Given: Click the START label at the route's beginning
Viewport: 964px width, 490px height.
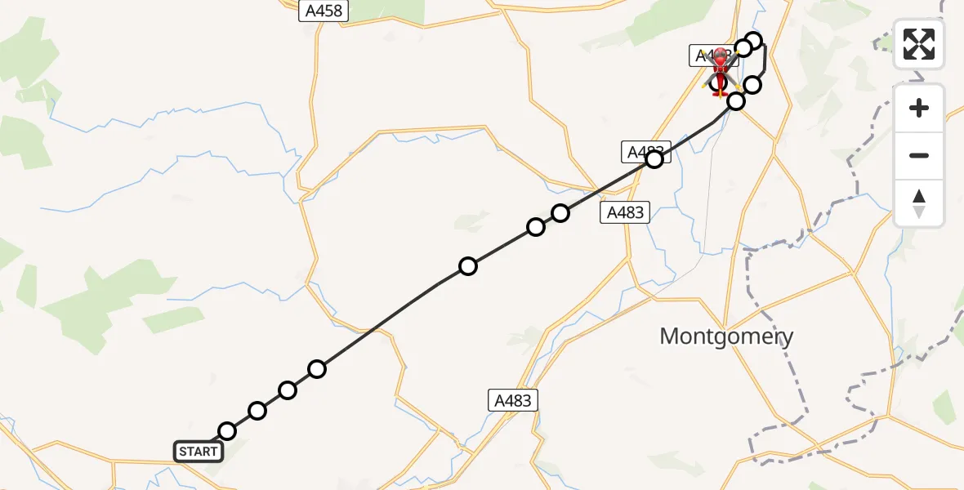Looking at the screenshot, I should pos(198,452).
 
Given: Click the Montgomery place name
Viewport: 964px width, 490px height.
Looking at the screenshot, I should pos(726,336).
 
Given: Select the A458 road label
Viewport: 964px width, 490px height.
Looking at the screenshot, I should pos(324,11).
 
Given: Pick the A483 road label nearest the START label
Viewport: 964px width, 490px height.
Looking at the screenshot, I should pos(513,400).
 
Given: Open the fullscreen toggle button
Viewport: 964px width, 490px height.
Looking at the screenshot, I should pos(919,44).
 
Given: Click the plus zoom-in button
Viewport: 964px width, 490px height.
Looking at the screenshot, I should pos(919,108).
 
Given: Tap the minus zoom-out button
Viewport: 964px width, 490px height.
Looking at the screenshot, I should pos(919,155).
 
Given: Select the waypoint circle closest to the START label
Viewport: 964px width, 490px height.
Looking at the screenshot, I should pos(227,431).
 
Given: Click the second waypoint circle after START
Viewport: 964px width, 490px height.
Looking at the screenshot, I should pos(257,411).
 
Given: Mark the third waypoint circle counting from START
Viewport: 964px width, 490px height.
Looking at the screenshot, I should pos(288,390).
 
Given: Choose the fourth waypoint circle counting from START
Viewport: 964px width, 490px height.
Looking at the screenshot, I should pos(317,369).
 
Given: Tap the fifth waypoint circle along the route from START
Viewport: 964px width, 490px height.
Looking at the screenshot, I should pos(468,266).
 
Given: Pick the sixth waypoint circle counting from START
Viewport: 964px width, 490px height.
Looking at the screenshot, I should pos(536,227).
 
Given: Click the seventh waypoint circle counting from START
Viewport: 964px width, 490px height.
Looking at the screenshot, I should pos(560,213).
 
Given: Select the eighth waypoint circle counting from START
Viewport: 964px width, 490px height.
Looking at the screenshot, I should pos(654,159).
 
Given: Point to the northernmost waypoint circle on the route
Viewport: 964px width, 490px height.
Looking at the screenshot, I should pos(754,41).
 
